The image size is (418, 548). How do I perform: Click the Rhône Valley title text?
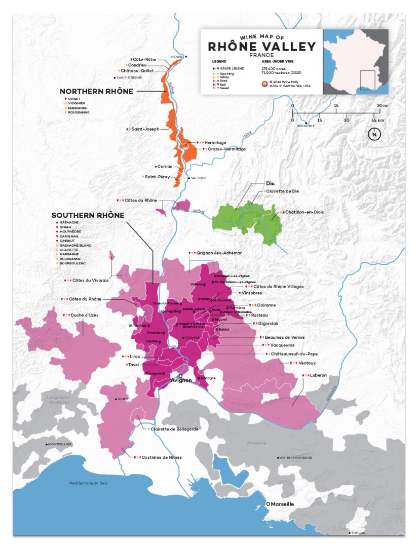coord(261,47)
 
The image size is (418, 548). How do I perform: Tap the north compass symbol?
coord(374,134)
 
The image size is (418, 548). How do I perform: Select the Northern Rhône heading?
coord(96,92)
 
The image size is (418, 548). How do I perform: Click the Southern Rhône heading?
coord(88,215)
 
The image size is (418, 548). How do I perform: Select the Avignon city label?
coord(181,380)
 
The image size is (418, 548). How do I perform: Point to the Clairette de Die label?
coord(284,191)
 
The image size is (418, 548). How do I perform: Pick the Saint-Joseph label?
coord(145,129)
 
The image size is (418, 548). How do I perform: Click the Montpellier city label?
coord(60,444)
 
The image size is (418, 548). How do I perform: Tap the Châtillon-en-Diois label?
coord(304,212)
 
